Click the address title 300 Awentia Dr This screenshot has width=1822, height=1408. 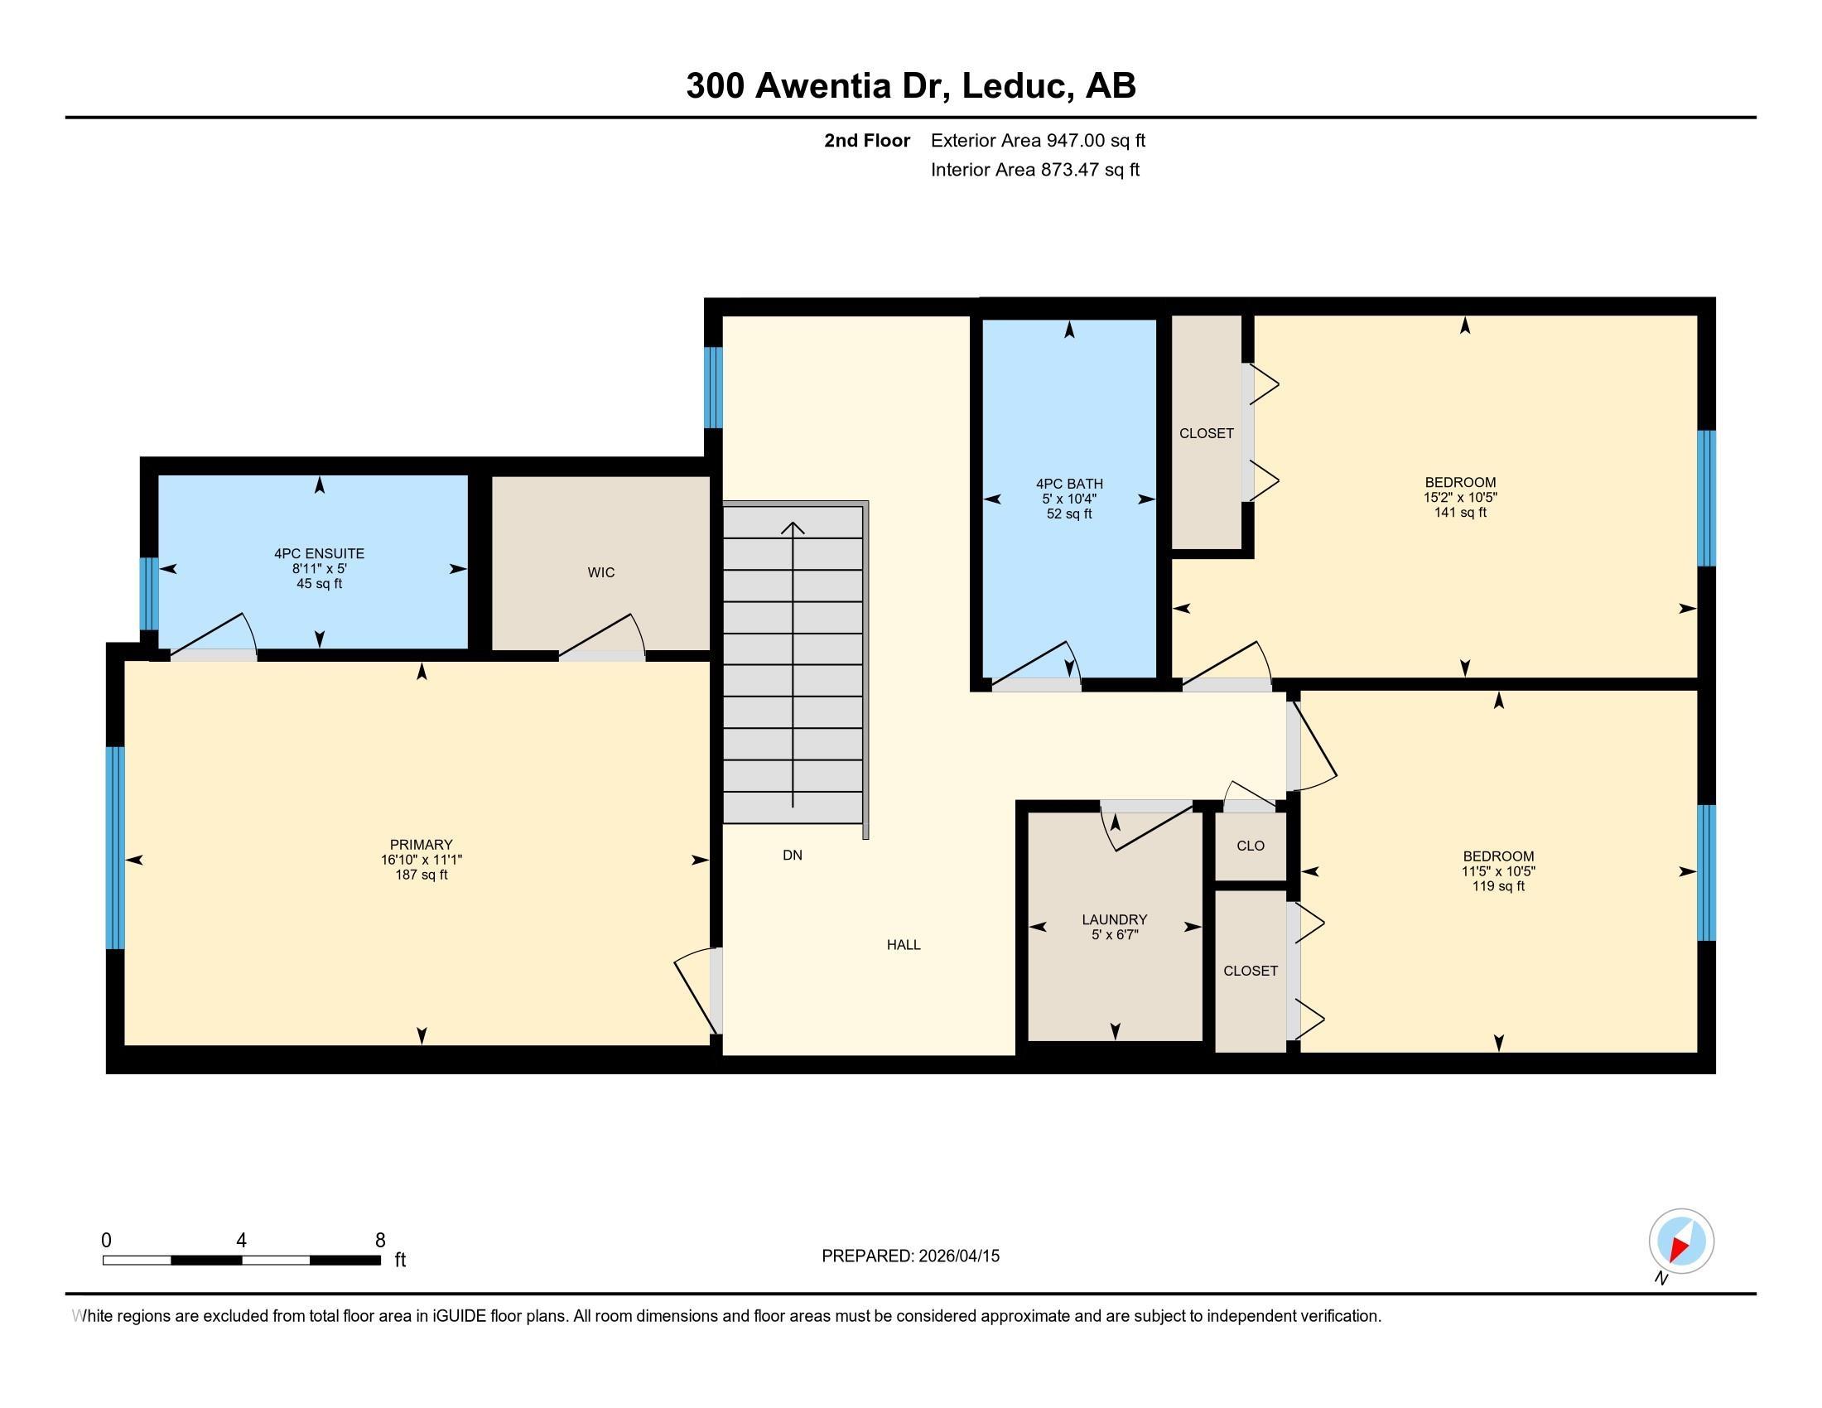pos(817,86)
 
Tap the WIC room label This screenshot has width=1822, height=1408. pos(600,572)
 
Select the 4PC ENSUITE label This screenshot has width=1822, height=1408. pos(320,553)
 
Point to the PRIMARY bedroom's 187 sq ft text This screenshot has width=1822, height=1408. pos(422,875)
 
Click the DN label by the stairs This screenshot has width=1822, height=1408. pos(793,855)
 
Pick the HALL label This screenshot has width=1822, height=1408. pos(904,945)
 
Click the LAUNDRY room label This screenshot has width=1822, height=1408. pos(1115,920)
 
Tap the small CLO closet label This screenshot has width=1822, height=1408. pos(1251,846)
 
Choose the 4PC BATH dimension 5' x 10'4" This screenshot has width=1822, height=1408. pos(1069,499)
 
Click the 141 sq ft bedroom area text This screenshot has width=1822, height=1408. pos(1460,513)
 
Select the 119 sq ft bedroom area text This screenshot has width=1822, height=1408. pos(1498,887)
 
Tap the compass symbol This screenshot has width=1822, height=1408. pos(1681,1241)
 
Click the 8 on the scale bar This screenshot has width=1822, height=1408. pos(379,1241)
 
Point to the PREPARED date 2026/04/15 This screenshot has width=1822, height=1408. pos(958,1256)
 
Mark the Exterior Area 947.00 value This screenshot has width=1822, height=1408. pos(1075,141)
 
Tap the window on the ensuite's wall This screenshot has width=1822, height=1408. pos(147,594)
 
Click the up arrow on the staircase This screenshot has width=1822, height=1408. pos(793,665)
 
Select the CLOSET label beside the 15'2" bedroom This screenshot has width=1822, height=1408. pos(1207,434)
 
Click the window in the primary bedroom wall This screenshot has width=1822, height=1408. pos(115,847)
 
